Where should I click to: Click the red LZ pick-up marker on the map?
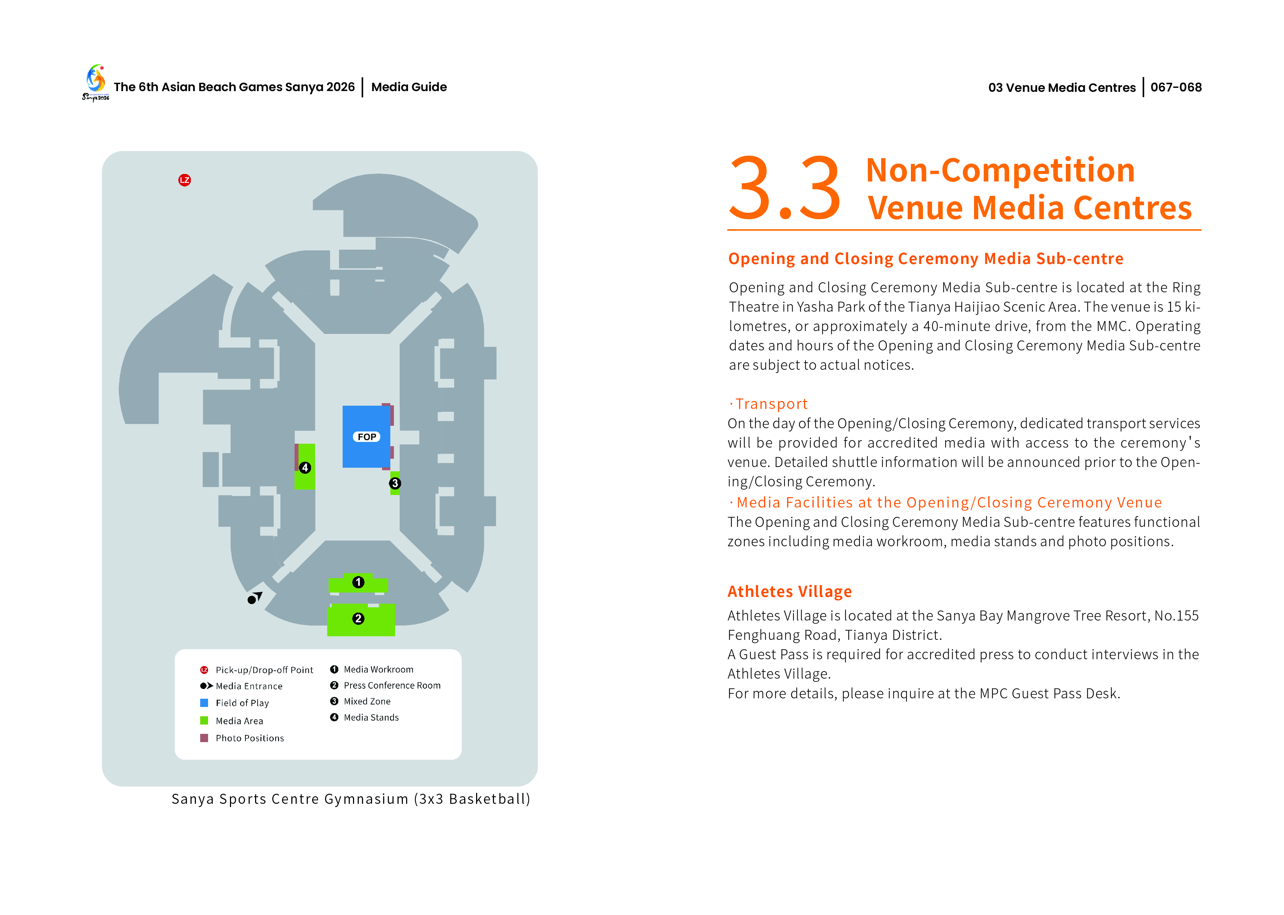pos(184,180)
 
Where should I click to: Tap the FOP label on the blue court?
pos(366,437)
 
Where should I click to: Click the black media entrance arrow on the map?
pos(255,598)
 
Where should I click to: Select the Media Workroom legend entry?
pos(378,669)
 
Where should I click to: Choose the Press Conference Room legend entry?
pos(391,685)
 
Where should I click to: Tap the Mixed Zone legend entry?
pos(367,702)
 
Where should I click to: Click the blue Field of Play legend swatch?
pos(204,703)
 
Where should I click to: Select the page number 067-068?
pos(1175,87)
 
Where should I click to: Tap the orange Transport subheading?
pos(771,404)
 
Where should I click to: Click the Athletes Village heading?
pos(789,591)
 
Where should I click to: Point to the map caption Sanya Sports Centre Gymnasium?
pos(351,799)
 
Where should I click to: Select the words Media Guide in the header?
pos(409,87)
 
